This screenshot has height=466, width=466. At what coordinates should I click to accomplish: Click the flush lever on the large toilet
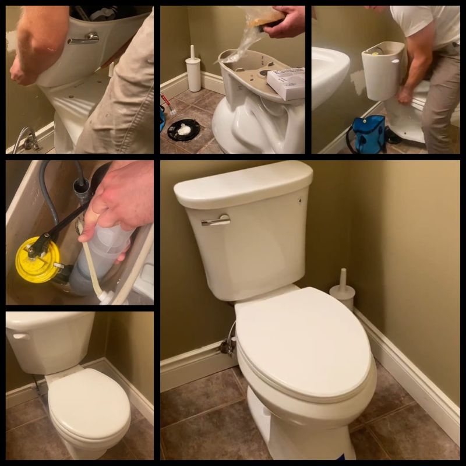tap(216, 220)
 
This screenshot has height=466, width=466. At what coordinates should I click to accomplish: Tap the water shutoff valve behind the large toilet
tap(227, 346)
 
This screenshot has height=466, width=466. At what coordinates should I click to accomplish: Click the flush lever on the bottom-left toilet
tap(20, 337)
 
